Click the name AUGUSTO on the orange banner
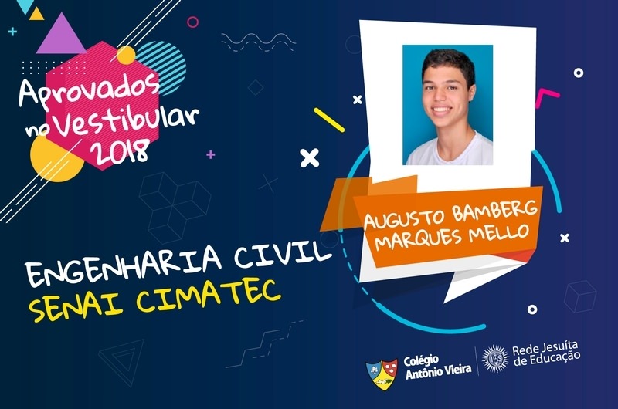tap(404, 218)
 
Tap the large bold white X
tap(310, 158)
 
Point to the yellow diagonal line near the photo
tap(329, 120)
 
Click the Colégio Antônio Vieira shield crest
tap(382, 374)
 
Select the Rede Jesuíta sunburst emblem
tap(495, 358)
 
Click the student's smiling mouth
tap(441, 110)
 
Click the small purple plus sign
tap(211, 154)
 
